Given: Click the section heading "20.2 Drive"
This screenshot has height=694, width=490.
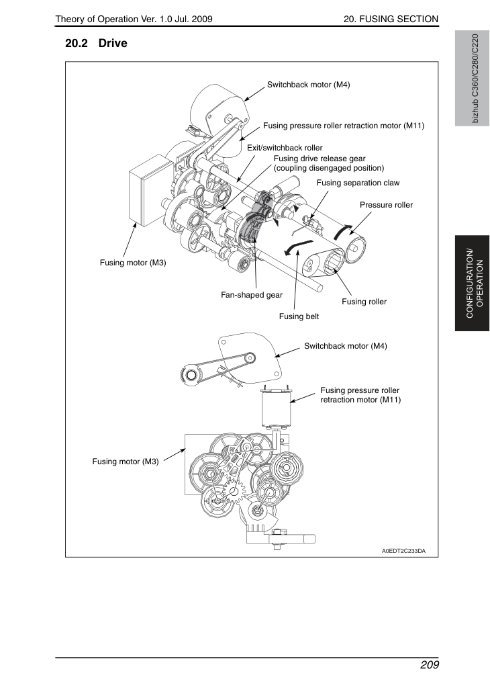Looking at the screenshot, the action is pyautogui.click(x=96, y=44).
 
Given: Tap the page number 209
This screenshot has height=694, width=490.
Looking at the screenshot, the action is pyautogui.click(x=430, y=665).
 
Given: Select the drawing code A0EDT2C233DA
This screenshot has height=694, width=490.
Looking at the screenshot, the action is pyautogui.click(x=404, y=551).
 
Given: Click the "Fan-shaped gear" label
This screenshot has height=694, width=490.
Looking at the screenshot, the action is pyautogui.click(x=252, y=295).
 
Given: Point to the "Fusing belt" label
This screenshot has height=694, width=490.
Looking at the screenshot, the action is pyautogui.click(x=299, y=316).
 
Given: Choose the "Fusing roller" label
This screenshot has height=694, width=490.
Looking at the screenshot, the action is pyautogui.click(x=364, y=302).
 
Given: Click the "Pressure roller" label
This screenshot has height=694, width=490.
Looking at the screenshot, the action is pyautogui.click(x=386, y=205).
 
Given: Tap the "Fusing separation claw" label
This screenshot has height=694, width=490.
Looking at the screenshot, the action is pyautogui.click(x=358, y=183).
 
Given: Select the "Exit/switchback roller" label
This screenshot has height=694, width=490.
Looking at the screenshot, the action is pyautogui.click(x=285, y=148).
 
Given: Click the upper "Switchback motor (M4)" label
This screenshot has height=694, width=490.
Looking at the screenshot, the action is pyautogui.click(x=308, y=85).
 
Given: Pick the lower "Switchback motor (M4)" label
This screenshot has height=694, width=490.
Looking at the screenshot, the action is pyautogui.click(x=346, y=346).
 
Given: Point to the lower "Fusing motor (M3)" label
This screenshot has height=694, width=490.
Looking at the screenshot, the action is pyautogui.click(x=126, y=462).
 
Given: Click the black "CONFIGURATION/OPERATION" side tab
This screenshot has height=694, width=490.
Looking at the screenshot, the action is pyautogui.click(x=473, y=284).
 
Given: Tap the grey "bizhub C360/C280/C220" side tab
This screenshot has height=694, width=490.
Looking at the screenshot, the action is pyautogui.click(x=473, y=79).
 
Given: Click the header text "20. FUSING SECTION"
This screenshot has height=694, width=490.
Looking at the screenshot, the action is pyautogui.click(x=391, y=19).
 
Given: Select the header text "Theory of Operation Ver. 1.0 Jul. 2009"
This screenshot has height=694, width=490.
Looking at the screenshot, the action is pyautogui.click(x=134, y=19).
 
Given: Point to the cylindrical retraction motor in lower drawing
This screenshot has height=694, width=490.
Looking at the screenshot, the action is pyautogui.click(x=276, y=407).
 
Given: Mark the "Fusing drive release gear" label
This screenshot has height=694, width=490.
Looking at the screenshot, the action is pyautogui.click(x=320, y=159).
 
